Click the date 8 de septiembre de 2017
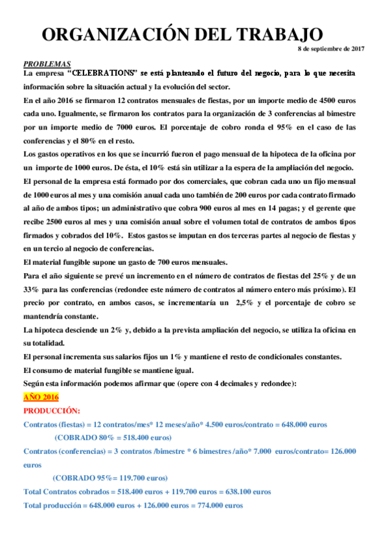click(330, 49)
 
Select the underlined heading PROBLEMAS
click(47, 64)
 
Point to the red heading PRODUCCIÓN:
click(52, 410)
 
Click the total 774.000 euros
click(221, 505)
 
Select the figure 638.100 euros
click(249, 492)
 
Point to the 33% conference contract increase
click(31, 289)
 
